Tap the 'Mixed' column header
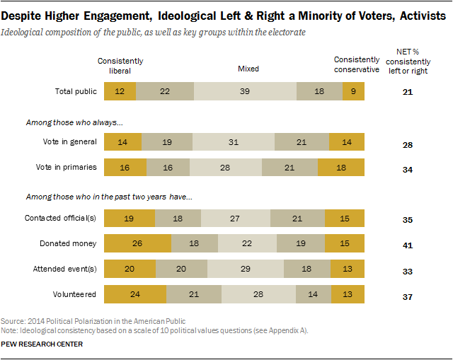[x=248, y=69]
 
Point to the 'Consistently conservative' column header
[x=357, y=66]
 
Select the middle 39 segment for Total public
[x=245, y=91]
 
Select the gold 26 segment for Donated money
[x=137, y=243]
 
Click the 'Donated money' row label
[x=72, y=243]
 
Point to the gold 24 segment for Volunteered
[x=135, y=294]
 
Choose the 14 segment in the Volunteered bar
[x=313, y=294]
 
